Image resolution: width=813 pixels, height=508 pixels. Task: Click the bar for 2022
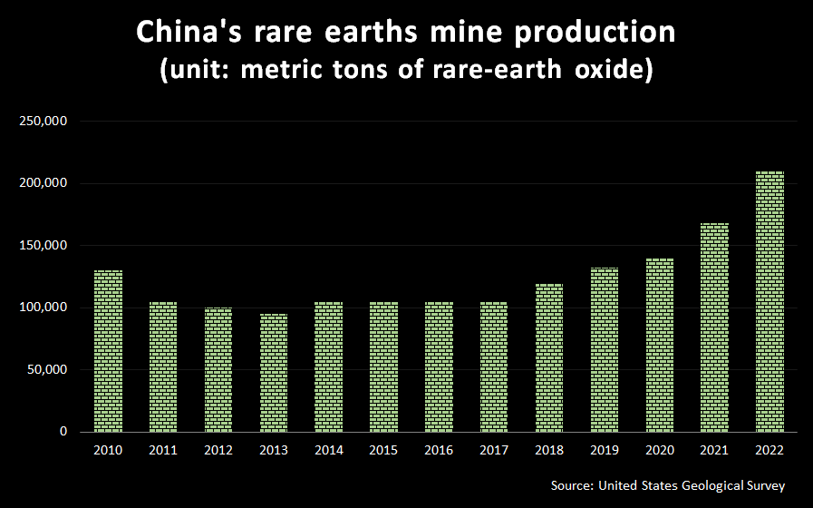(x=769, y=301)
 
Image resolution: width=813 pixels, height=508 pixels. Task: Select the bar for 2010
(x=108, y=351)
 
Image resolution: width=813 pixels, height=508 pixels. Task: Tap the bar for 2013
(x=274, y=373)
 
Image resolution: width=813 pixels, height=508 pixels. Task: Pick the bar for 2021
(x=714, y=327)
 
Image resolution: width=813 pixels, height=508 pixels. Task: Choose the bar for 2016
(x=439, y=366)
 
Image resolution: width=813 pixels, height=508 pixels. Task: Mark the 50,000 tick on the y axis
(x=46, y=370)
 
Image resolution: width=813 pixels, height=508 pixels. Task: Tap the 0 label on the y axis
(x=63, y=432)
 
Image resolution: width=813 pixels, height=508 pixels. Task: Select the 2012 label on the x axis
(x=218, y=449)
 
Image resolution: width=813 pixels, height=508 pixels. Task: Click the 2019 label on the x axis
(x=605, y=449)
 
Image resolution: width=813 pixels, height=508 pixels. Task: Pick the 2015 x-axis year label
(x=383, y=449)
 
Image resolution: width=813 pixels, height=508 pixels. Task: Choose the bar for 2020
(x=659, y=345)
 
